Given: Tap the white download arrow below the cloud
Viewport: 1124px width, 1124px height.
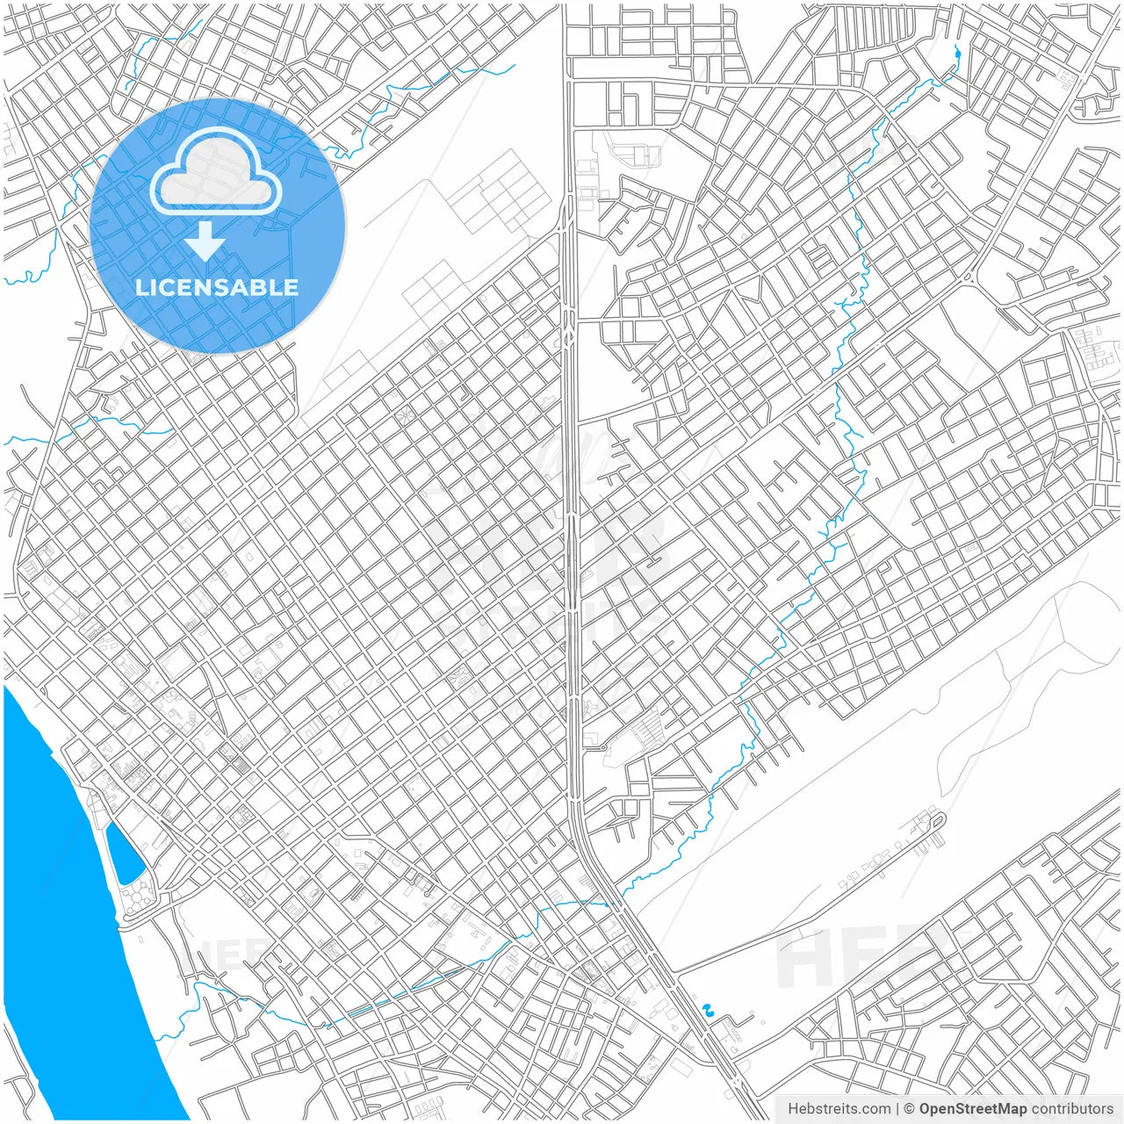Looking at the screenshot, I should click(x=205, y=241).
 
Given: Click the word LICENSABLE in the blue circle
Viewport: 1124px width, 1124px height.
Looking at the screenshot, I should click(x=217, y=287).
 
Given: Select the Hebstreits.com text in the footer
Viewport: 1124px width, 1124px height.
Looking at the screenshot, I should click(x=839, y=1109).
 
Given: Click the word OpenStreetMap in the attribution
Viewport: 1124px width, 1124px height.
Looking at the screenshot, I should click(x=973, y=1109).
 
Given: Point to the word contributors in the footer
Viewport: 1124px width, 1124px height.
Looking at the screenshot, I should click(x=1072, y=1109).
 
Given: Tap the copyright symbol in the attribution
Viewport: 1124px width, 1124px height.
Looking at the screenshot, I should click(x=910, y=1109).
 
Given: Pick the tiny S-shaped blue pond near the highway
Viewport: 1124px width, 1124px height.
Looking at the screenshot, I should click(x=709, y=1009).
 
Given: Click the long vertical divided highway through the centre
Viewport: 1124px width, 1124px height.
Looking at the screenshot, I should click(x=571, y=527).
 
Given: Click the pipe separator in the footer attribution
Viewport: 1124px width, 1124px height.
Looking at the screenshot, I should click(x=897, y=1109).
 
